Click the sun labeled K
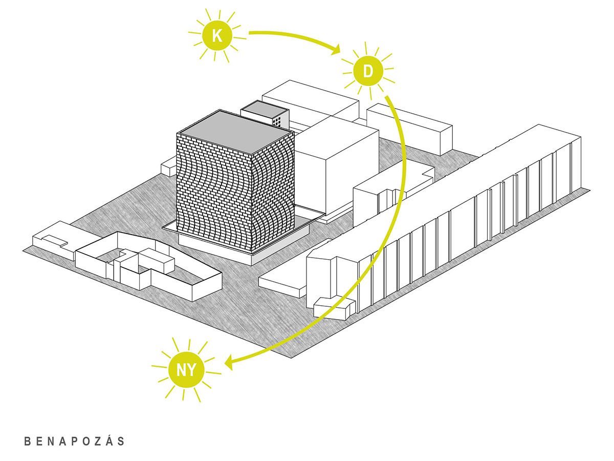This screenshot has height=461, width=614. point(217,35)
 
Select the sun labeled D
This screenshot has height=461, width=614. point(367,71)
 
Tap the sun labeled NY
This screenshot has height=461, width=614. point(186,369)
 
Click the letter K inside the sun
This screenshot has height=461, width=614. point(217,36)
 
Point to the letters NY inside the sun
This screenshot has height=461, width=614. point(186,370)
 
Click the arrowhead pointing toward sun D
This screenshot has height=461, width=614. point(335,50)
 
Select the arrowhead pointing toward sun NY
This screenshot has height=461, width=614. point(229,363)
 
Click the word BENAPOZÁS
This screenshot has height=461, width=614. point(74,441)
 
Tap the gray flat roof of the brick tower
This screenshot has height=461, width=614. point(235,132)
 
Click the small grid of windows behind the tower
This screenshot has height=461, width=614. point(277,121)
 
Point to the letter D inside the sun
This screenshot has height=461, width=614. point(368,71)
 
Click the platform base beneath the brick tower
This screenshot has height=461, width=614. point(244,246)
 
